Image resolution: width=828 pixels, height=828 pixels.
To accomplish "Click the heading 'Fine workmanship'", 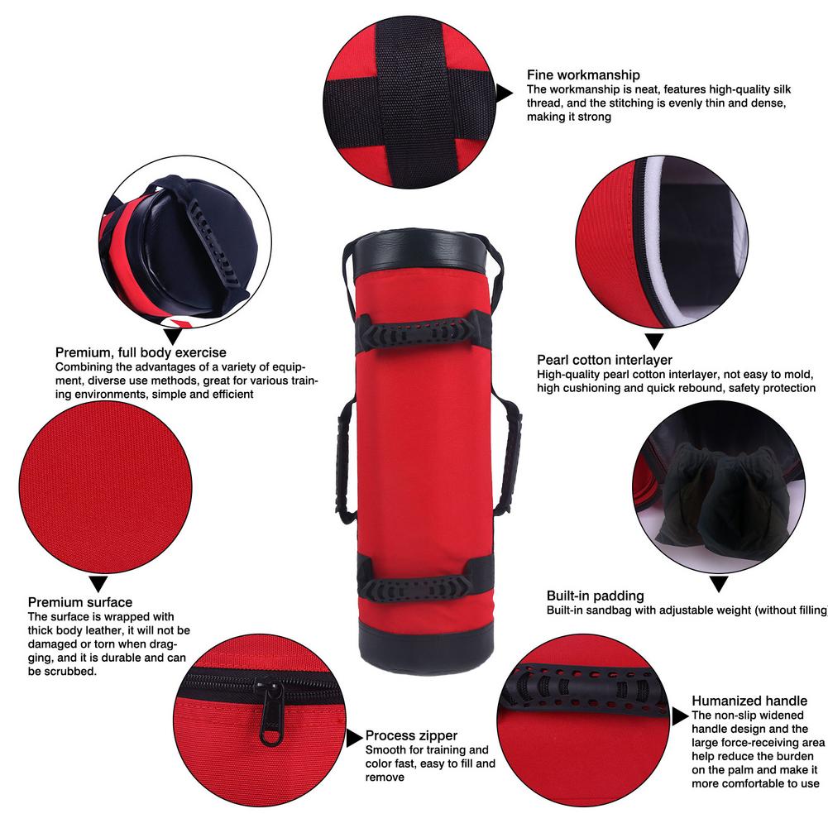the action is coord(583,75).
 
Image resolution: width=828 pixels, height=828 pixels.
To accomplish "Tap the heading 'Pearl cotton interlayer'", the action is coord(604,360).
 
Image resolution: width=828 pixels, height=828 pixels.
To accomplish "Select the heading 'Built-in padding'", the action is coord(595,596).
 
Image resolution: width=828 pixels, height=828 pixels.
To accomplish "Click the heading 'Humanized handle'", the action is coord(749,701).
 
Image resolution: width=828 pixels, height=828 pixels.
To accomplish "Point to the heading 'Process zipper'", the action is coord(411,735).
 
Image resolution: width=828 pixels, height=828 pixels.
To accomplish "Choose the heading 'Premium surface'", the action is coord(80,602).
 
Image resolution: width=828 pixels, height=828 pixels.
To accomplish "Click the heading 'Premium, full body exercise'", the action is coord(141,352).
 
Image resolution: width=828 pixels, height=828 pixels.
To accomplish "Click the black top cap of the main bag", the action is coord(419,251).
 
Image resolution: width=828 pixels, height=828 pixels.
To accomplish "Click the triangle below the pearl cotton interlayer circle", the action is coord(654,341).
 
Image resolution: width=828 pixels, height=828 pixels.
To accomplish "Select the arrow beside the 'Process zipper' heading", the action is coord(354,738).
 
